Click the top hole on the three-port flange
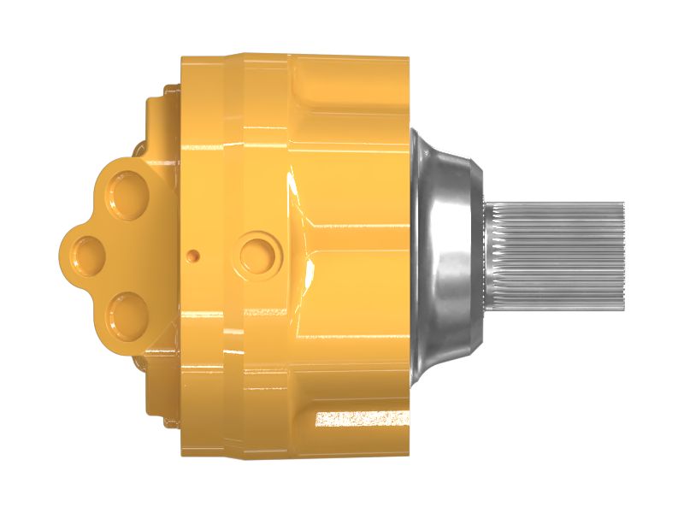128,193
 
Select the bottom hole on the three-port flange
128,312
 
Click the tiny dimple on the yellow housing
195,255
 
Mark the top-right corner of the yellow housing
407,59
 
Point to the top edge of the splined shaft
556,203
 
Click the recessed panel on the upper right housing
355,111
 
